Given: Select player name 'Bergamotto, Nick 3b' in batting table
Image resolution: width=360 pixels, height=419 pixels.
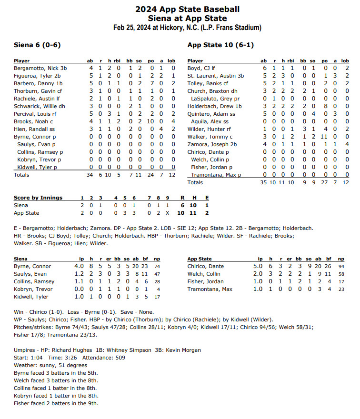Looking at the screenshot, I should tap(40, 68).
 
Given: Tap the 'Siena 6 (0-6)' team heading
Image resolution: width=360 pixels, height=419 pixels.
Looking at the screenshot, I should tap(37, 45).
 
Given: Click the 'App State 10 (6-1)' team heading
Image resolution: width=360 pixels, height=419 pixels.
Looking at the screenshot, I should tap(220, 45).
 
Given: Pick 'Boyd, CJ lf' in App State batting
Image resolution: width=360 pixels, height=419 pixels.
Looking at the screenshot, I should tap(201, 68).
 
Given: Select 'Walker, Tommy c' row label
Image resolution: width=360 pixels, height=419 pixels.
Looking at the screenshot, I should tap(207, 137).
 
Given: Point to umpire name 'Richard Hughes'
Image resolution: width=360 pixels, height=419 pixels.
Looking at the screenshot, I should tap(71, 350).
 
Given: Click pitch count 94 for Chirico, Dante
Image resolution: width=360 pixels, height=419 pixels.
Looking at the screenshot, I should tap(341, 266).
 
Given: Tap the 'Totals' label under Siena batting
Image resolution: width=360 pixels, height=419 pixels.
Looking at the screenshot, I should tap(21, 175).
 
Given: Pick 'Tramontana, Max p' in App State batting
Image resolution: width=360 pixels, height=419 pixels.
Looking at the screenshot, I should tap(216, 175).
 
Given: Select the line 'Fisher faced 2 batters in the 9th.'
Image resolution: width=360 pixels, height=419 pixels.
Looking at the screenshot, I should tap(56, 403).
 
